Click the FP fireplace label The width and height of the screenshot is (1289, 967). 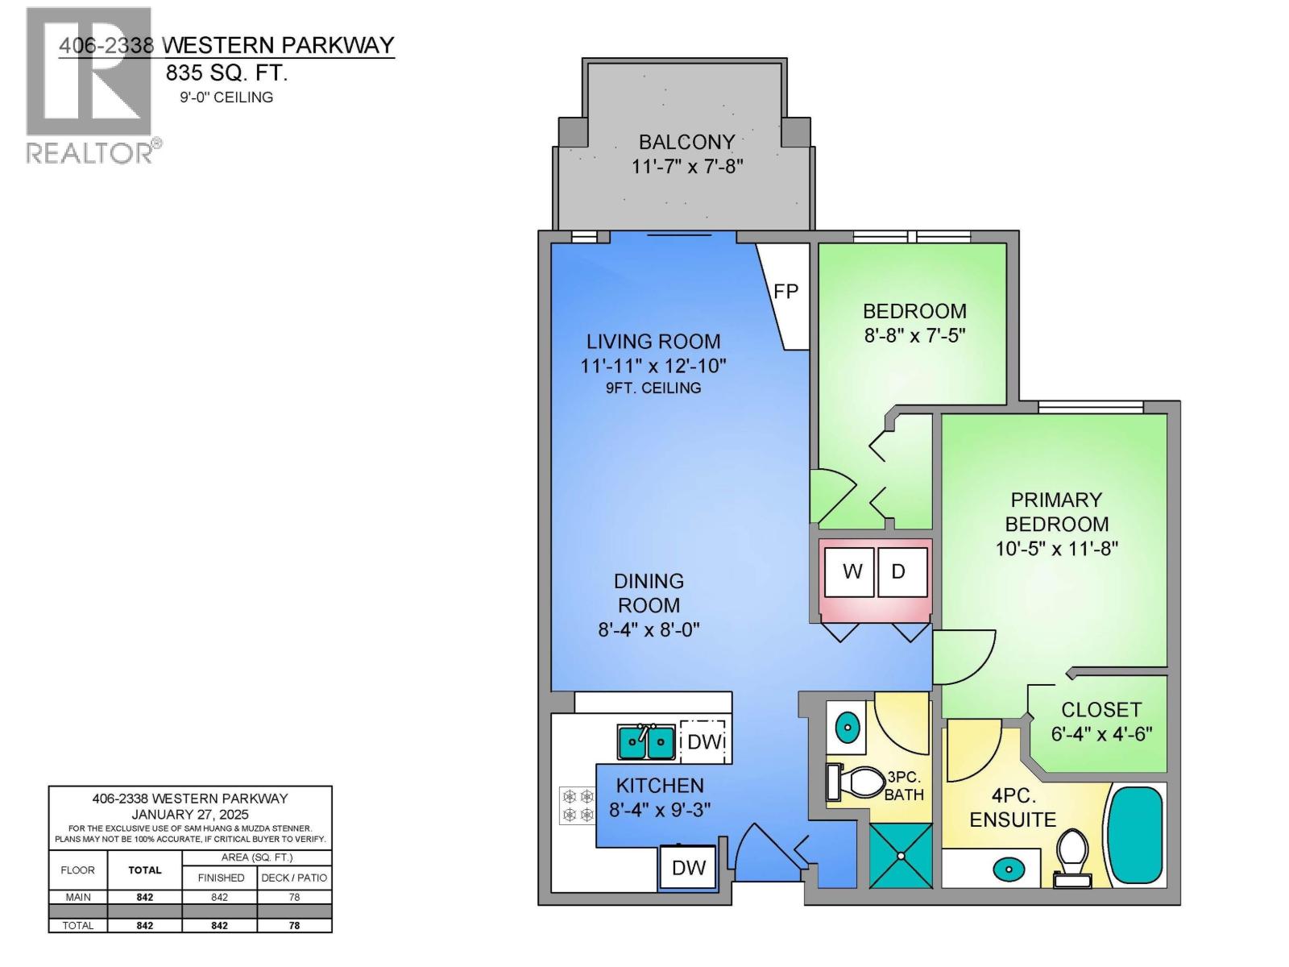(785, 292)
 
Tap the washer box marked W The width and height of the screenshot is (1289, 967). (852, 571)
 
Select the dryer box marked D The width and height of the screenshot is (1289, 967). (899, 571)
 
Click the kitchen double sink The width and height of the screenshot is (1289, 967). (646, 742)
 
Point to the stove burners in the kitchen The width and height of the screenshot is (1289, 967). (577, 805)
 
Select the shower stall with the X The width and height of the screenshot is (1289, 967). (901, 856)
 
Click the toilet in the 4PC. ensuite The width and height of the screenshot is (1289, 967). (1071, 856)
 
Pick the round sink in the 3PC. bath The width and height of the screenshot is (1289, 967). (847, 728)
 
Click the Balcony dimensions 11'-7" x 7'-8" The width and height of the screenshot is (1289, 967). (686, 167)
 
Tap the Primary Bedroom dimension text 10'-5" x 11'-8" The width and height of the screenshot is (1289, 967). (1056, 549)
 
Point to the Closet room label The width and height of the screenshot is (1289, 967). (1100, 709)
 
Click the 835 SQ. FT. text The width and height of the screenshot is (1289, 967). (226, 73)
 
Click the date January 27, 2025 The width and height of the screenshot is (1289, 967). (190, 814)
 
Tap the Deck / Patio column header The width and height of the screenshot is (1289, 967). (294, 878)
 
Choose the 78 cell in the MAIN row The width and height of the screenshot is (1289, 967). (294, 897)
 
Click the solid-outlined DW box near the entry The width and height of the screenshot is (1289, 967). (689, 867)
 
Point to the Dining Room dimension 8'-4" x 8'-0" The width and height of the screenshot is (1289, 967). (649, 629)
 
